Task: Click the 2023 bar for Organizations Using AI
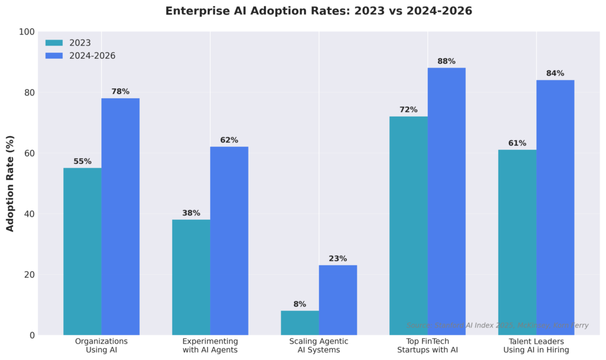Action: tap(82, 252)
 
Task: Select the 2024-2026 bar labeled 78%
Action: tap(120, 217)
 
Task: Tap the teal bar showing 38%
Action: tap(191, 277)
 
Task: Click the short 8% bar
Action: tap(300, 323)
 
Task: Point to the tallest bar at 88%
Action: tap(446, 201)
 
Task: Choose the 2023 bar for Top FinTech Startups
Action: tap(408, 226)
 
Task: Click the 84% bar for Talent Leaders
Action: tap(555, 207)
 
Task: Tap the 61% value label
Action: tap(517, 143)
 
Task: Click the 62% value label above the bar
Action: tap(229, 140)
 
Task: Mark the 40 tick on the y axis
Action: tap(29, 214)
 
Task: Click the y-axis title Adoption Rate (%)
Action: tap(10, 184)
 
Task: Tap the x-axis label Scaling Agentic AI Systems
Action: tap(319, 346)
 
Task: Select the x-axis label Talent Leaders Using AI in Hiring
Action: tap(536, 346)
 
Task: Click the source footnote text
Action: tap(497, 326)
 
